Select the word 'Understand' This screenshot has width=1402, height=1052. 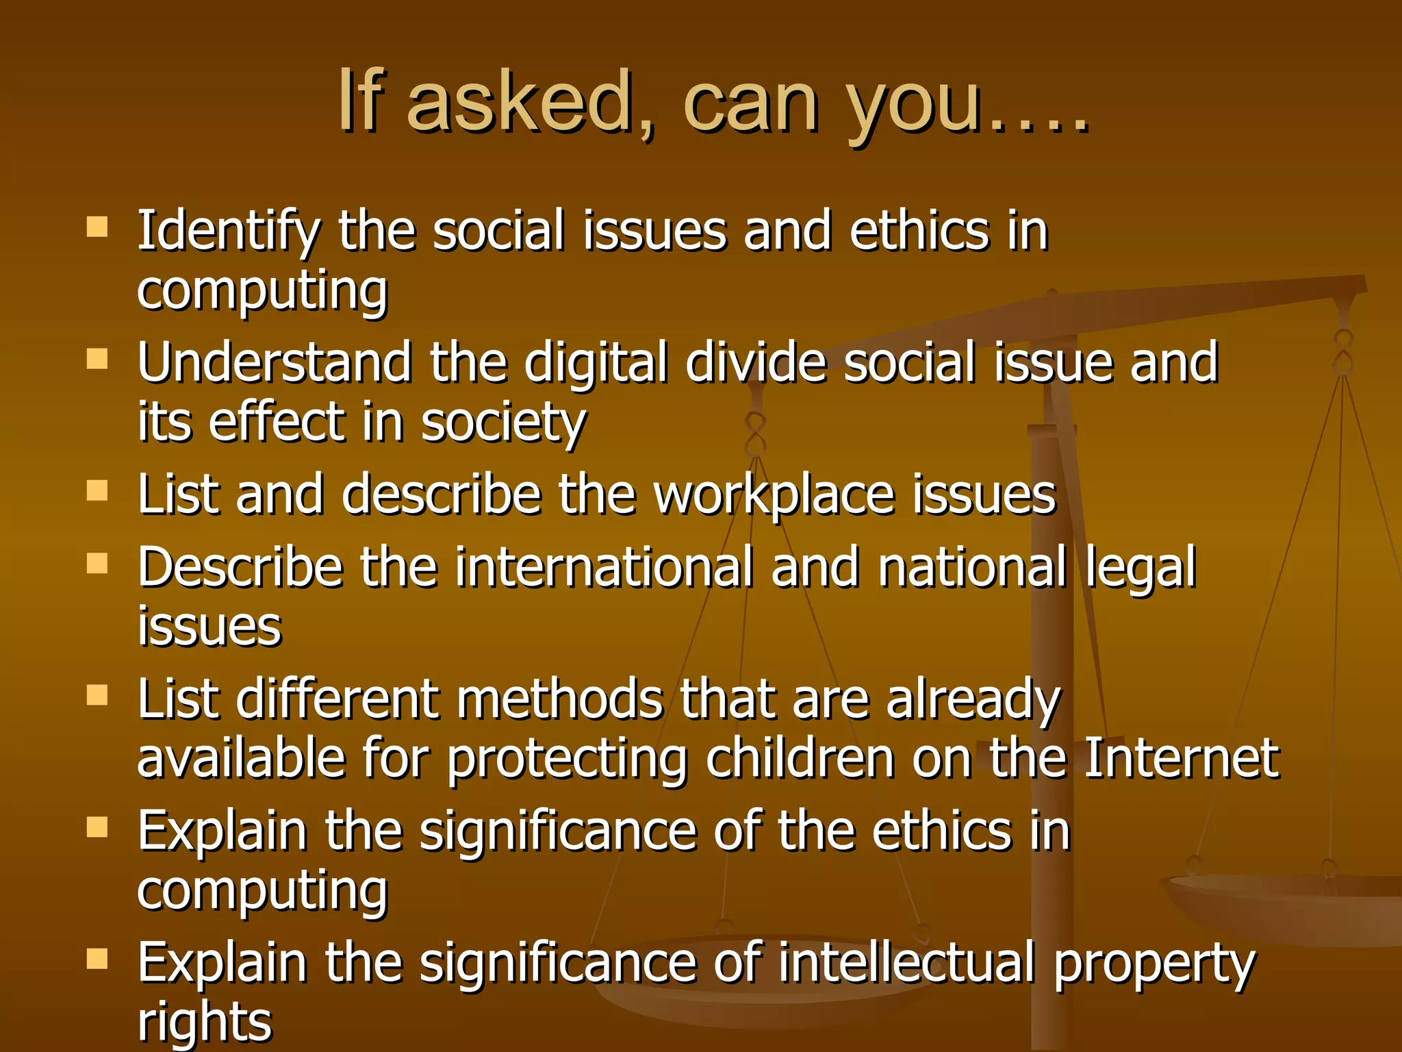[x=275, y=362]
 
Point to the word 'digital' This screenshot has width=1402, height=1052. [x=596, y=364]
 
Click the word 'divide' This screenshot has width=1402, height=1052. [x=756, y=362]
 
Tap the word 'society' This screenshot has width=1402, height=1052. [x=503, y=423]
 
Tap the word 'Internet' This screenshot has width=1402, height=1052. [x=1182, y=758]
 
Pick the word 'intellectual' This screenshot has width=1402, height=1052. [x=906, y=962]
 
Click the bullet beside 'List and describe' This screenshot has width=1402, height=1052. [x=98, y=490]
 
